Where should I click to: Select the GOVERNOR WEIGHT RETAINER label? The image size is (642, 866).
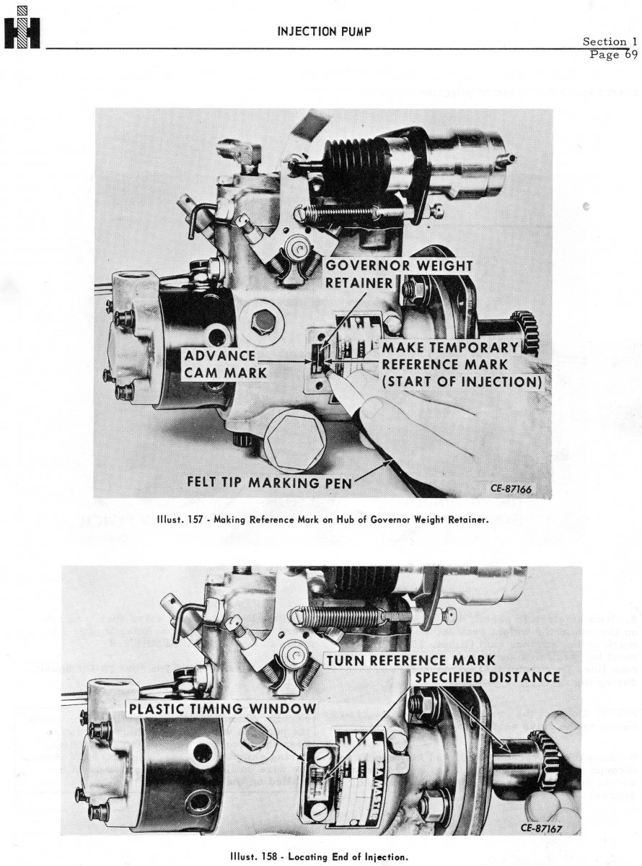coord(399,274)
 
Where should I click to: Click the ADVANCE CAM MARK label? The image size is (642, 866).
coord(220,364)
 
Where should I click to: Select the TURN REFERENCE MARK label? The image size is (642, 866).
coord(409,660)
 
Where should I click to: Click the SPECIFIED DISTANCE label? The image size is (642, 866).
coord(486,677)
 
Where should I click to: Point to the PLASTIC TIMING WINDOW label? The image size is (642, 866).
coord(222,709)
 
